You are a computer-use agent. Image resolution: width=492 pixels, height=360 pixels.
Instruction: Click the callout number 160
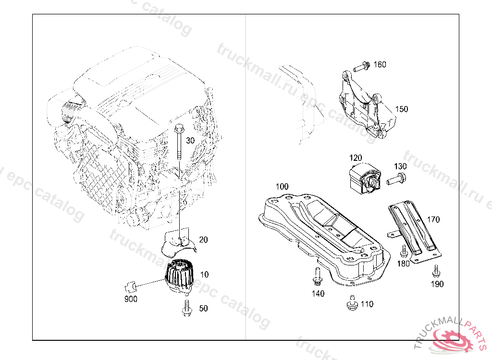coord(380,64)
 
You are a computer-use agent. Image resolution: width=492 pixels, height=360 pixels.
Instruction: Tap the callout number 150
coord(401,109)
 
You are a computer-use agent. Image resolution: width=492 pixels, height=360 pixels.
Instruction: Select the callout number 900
coord(131,299)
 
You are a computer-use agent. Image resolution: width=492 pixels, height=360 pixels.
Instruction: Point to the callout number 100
coord(282,186)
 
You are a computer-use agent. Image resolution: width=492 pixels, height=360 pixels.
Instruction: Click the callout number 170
coord(433,220)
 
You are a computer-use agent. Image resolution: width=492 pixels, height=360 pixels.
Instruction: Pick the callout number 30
coord(190,141)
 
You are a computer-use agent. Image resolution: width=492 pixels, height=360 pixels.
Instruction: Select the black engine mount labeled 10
coord(179,277)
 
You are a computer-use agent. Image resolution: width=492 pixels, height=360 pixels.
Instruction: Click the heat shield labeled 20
coord(178,242)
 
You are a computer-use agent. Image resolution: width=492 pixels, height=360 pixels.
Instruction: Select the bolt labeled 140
coord(317,276)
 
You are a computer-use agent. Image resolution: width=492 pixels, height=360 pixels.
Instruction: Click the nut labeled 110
coord(352,302)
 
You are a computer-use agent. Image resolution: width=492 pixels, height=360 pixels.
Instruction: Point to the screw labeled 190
coord(435,272)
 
